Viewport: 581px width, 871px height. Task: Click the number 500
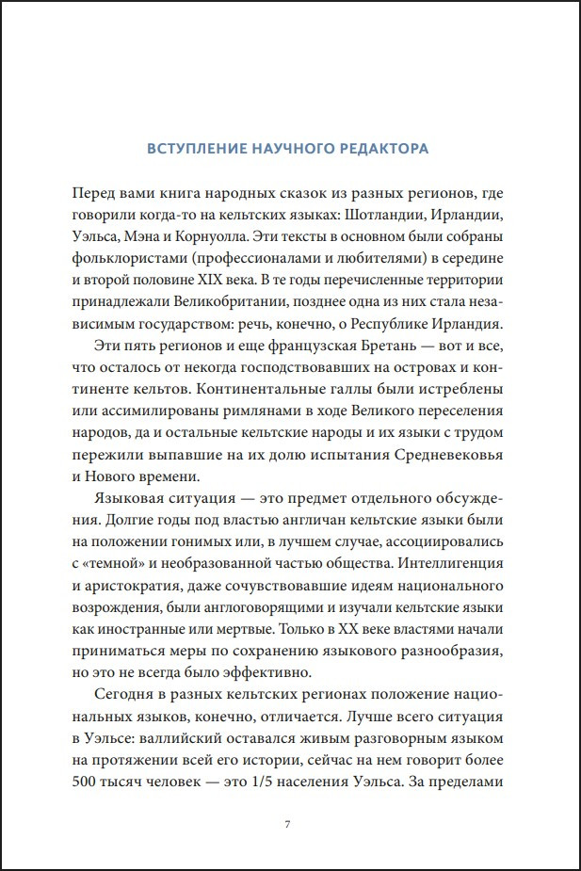86,782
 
